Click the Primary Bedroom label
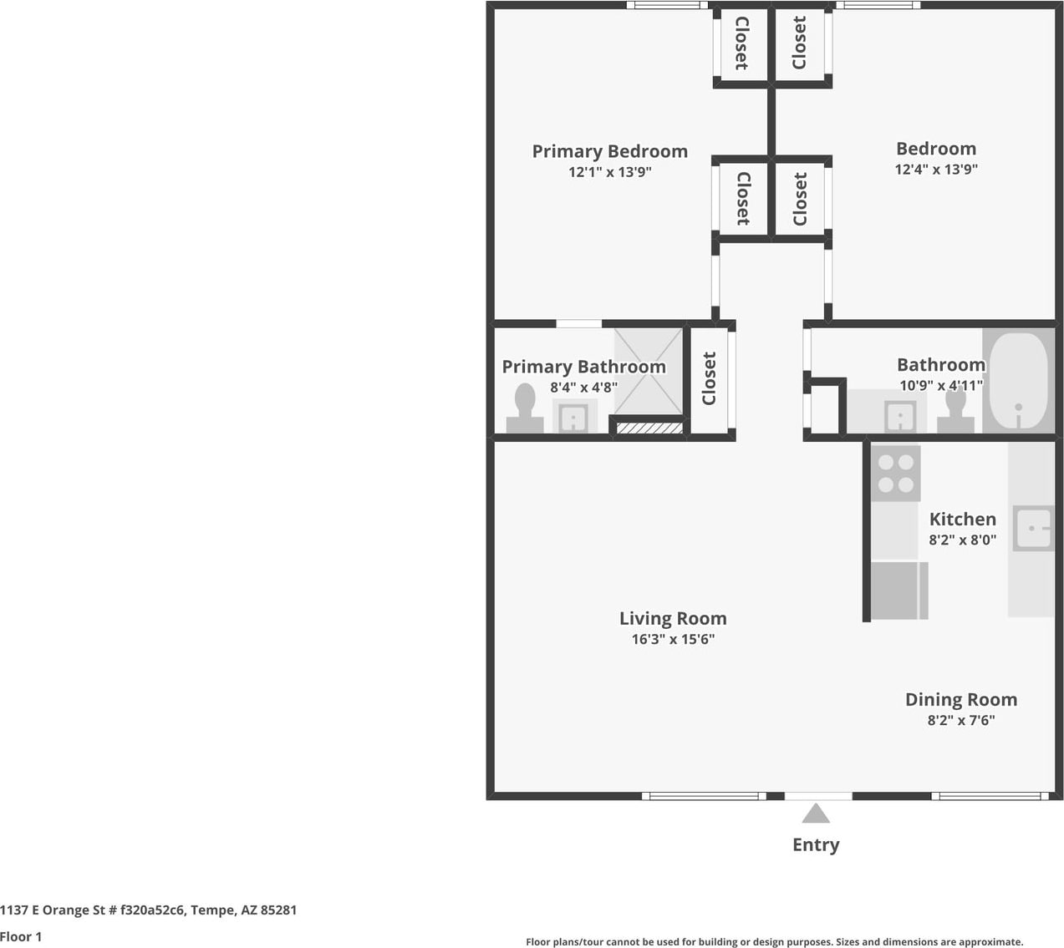coord(609,152)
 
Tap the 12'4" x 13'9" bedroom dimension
coord(936,169)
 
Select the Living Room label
coord(673,618)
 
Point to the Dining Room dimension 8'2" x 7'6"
coord(961,720)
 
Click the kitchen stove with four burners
coord(896,473)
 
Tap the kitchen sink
coord(1033,528)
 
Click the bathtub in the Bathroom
coord(1018,381)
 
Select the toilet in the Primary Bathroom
coord(525,409)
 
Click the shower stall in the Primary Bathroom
coord(649,371)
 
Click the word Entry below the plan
coord(816,845)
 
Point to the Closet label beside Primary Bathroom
coord(709,378)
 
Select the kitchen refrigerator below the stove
coord(899,591)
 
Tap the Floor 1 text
coord(21,936)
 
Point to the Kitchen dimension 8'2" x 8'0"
coord(963,540)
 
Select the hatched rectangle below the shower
coord(649,428)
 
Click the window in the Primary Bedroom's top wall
coord(667,5)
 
